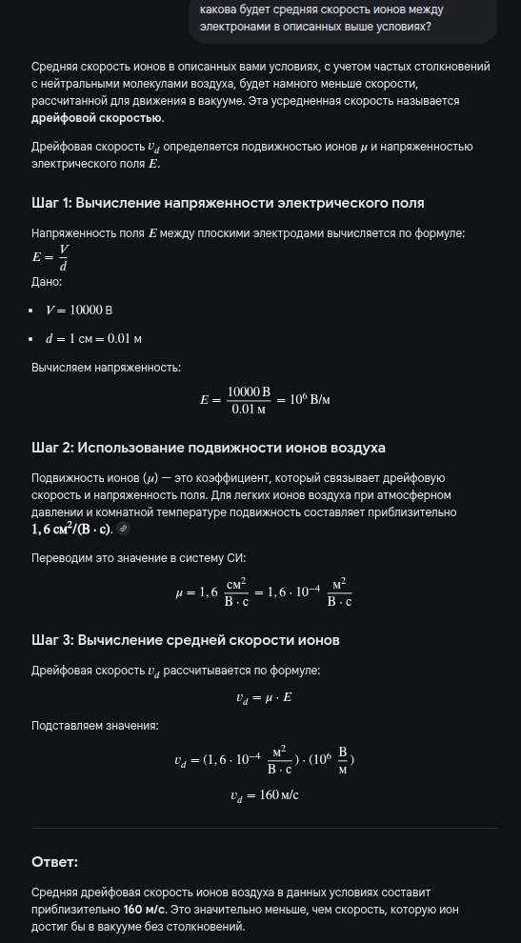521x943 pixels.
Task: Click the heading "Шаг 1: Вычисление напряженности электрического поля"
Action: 228,203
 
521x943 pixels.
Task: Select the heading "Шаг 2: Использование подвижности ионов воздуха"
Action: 209,447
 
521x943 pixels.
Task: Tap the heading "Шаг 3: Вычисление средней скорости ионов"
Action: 186,639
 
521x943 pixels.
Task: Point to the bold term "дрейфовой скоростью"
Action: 97,118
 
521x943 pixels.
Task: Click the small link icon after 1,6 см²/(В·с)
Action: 124,530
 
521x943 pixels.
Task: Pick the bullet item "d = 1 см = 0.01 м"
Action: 94,338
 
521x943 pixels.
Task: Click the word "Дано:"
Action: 47,282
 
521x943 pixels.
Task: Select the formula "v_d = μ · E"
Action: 265,697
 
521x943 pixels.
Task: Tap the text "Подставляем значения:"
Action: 95,726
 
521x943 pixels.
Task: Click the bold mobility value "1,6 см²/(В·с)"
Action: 72,529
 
